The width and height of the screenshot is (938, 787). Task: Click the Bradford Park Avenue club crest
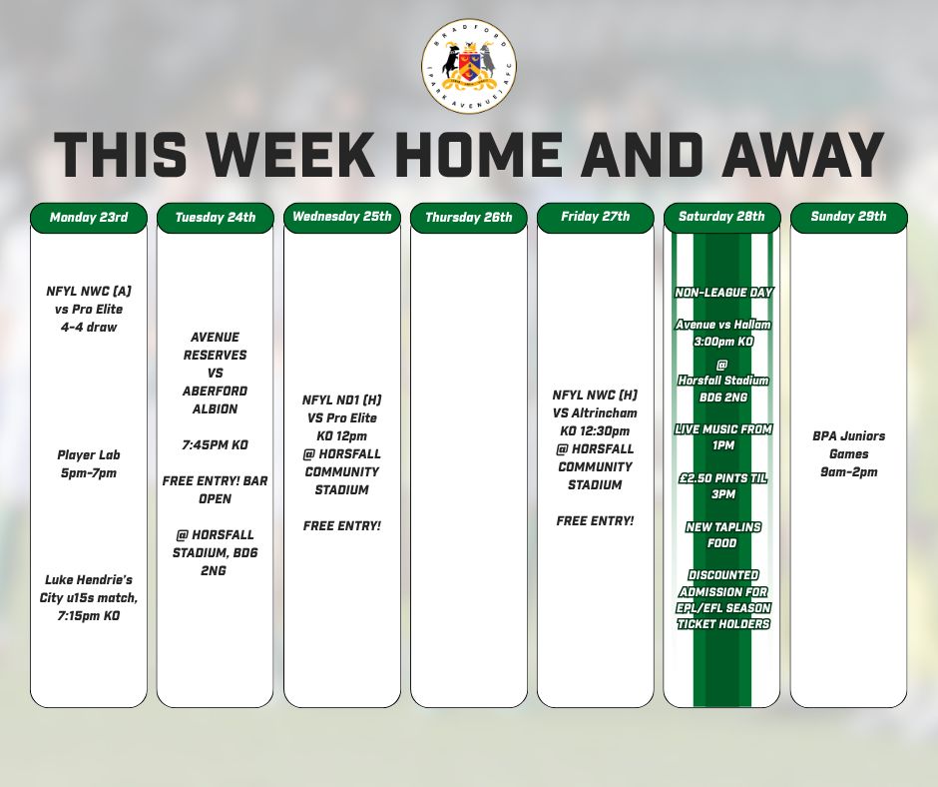coord(468,66)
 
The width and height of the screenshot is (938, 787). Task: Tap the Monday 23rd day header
coord(89,218)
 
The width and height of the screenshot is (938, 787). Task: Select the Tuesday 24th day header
coord(215,218)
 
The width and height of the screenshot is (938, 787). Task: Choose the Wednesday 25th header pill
coord(341,218)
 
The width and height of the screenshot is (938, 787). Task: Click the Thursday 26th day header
coord(468,218)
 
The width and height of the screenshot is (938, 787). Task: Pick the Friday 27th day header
coord(595,218)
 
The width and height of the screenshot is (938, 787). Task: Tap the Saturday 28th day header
coord(721,218)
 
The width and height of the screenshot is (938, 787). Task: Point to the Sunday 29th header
coord(848,218)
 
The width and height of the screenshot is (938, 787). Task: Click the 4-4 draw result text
coord(89,328)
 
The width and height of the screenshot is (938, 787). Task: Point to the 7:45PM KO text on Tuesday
coord(215,444)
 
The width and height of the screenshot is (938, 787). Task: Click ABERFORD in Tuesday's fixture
coord(215,391)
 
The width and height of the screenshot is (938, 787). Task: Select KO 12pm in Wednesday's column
coord(341,436)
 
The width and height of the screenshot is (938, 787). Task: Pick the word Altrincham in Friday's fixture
coord(603,412)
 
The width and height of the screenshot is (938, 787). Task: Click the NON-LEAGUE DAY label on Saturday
coord(724,293)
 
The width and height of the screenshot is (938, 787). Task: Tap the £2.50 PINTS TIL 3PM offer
coord(724,486)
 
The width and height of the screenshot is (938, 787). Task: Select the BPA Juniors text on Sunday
coord(848,436)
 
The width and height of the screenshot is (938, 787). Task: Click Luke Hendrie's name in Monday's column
coord(89,580)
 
